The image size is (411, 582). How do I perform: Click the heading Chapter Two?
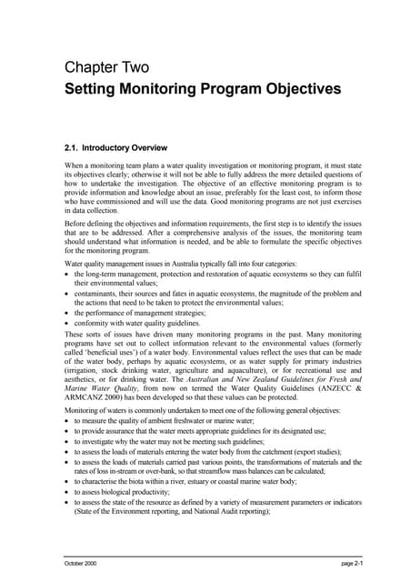(x=106, y=66)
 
